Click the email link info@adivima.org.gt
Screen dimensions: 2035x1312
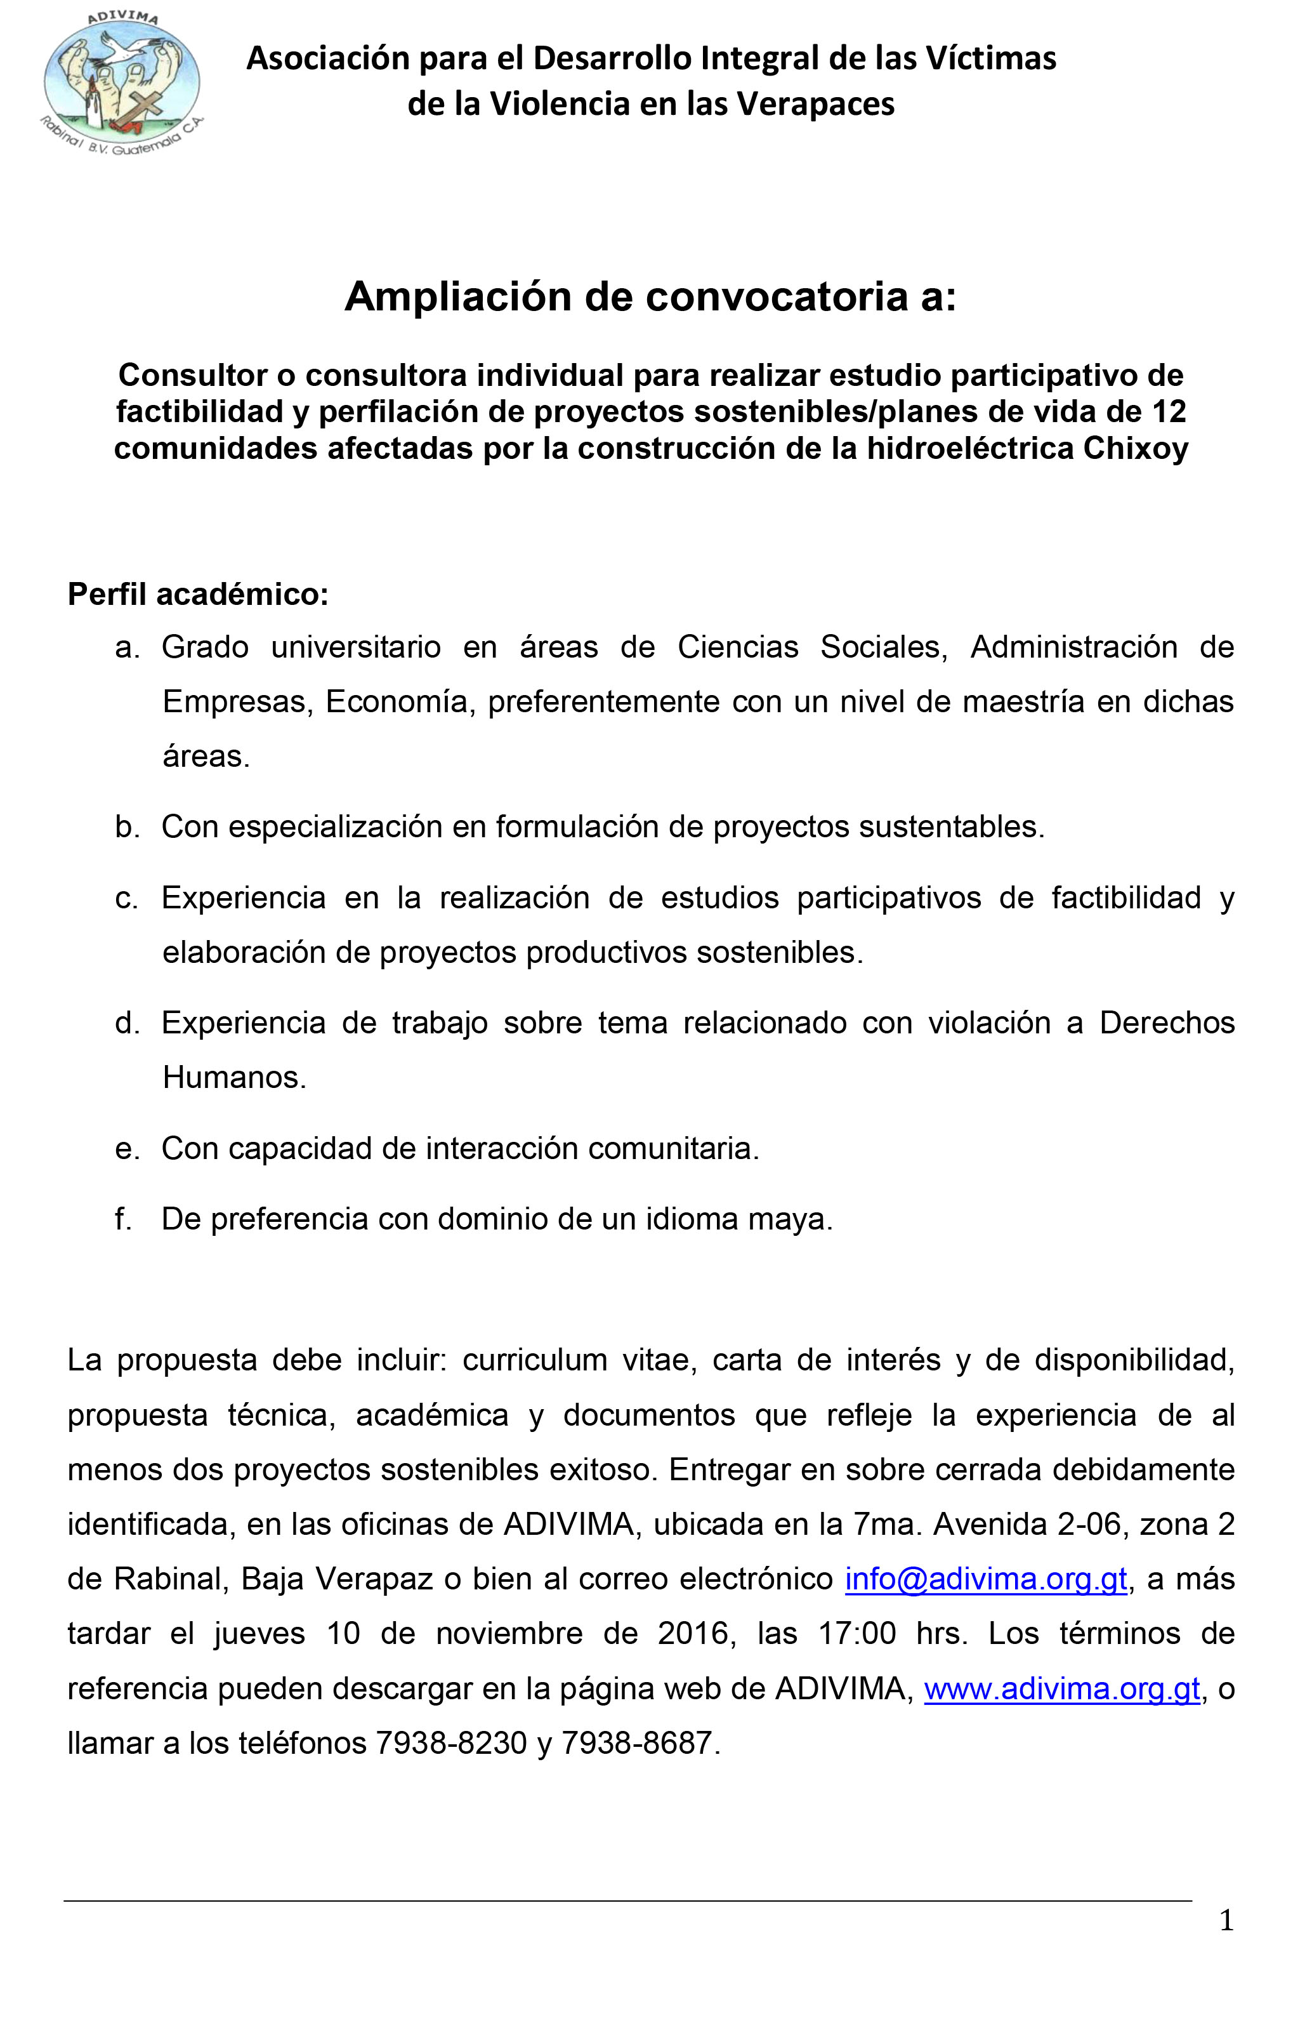click(x=986, y=1579)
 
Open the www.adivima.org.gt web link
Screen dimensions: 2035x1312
click(x=1061, y=1688)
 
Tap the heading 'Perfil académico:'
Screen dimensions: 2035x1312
click(x=198, y=594)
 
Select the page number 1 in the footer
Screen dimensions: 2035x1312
click(x=1226, y=1921)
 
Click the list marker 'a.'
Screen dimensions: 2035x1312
click(x=127, y=647)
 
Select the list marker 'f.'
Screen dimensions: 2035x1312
click(x=124, y=1219)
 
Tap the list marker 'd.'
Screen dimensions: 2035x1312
click(x=127, y=1023)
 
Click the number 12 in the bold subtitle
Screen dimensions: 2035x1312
click(x=1168, y=411)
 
